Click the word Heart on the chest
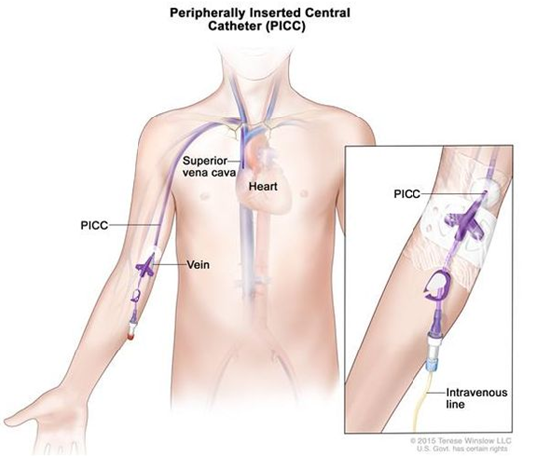click(263, 186)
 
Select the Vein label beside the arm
click(198, 265)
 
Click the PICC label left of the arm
click(94, 225)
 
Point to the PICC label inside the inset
click(407, 194)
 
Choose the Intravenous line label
click(477, 398)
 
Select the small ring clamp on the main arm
click(137, 295)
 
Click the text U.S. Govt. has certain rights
click(462, 448)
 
